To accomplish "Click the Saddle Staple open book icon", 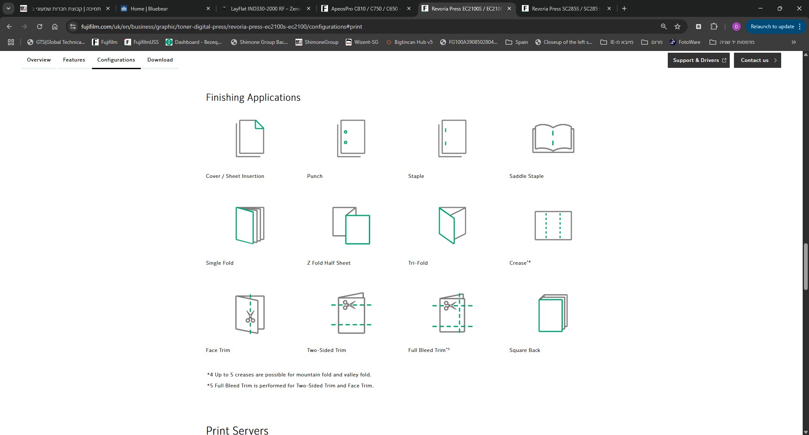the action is point(553,138).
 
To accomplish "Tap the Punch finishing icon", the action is point(351,138).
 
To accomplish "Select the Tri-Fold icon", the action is point(452,225).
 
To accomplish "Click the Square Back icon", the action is point(553,313).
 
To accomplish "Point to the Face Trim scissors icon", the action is point(250,314).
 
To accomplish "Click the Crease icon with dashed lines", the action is point(553,226).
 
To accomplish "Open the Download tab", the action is point(160,60).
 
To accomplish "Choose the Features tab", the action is point(74,60).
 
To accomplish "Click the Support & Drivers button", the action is point(699,60).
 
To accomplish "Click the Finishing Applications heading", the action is point(253,97).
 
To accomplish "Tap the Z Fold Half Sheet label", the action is point(329,263).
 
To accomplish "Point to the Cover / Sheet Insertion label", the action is point(235,176).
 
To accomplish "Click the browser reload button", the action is point(40,27).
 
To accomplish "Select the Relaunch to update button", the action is point(776,27).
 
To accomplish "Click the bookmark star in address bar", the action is point(677,27).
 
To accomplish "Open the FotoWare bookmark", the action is point(685,42).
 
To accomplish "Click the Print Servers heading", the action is point(237,430).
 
